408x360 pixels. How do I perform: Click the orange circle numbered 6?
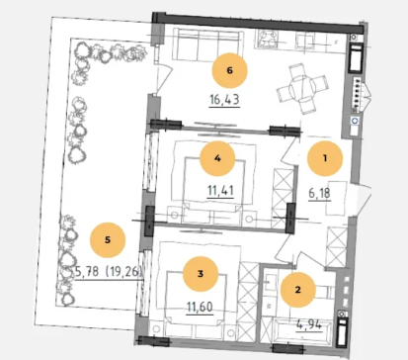pyautogui.click(x=229, y=70)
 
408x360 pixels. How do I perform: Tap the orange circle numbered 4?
pyautogui.click(x=217, y=158)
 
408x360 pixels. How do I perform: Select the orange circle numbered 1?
pyautogui.click(x=325, y=158)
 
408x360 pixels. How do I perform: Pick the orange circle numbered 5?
pyautogui.click(x=108, y=240)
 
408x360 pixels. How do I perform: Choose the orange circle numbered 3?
pyautogui.click(x=201, y=274)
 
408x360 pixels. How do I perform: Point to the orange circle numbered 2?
pyautogui.click(x=298, y=290)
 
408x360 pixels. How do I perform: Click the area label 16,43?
pyautogui.click(x=224, y=99)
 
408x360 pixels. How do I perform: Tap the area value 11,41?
pyautogui.click(x=220, y=190)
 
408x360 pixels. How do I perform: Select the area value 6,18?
pyautogui.click(x=319, y=193)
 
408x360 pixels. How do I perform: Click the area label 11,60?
pyautogui.click(x=200, y=307)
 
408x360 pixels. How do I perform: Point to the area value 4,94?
pyautogui.click(x=309, y=325)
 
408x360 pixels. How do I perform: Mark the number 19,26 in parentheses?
pyautogui.click(x=124, y=271)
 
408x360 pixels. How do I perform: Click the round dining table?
pyautogui.click(x=302, y=88)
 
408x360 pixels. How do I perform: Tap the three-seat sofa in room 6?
pyautogui.click(x=208, y=45)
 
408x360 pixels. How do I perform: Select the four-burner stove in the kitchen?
pyautogui.click(x=268, y=39)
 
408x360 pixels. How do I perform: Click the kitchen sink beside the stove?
pyautogui.click(x=306, y=42)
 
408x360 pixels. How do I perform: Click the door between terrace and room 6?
pyautogui.click(x=163, y=79)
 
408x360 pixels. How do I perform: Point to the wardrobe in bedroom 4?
pyautogui.click(x=284, y=199)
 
